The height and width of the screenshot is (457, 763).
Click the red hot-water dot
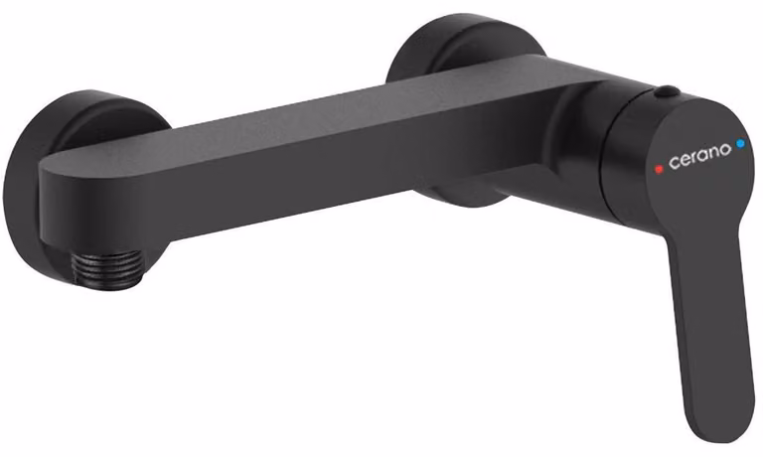tap(659, 169)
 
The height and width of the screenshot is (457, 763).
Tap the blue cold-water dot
tap(740, 144)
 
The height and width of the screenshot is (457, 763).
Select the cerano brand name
tap(699, 156)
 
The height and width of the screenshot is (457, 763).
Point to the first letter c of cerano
tap(674, 163)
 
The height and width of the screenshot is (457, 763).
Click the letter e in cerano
tap(685, 160)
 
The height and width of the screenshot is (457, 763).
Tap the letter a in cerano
tap(703, 154)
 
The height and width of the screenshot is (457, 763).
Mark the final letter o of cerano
tap(725, 149)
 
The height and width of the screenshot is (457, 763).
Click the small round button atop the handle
tap(667, 91)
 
